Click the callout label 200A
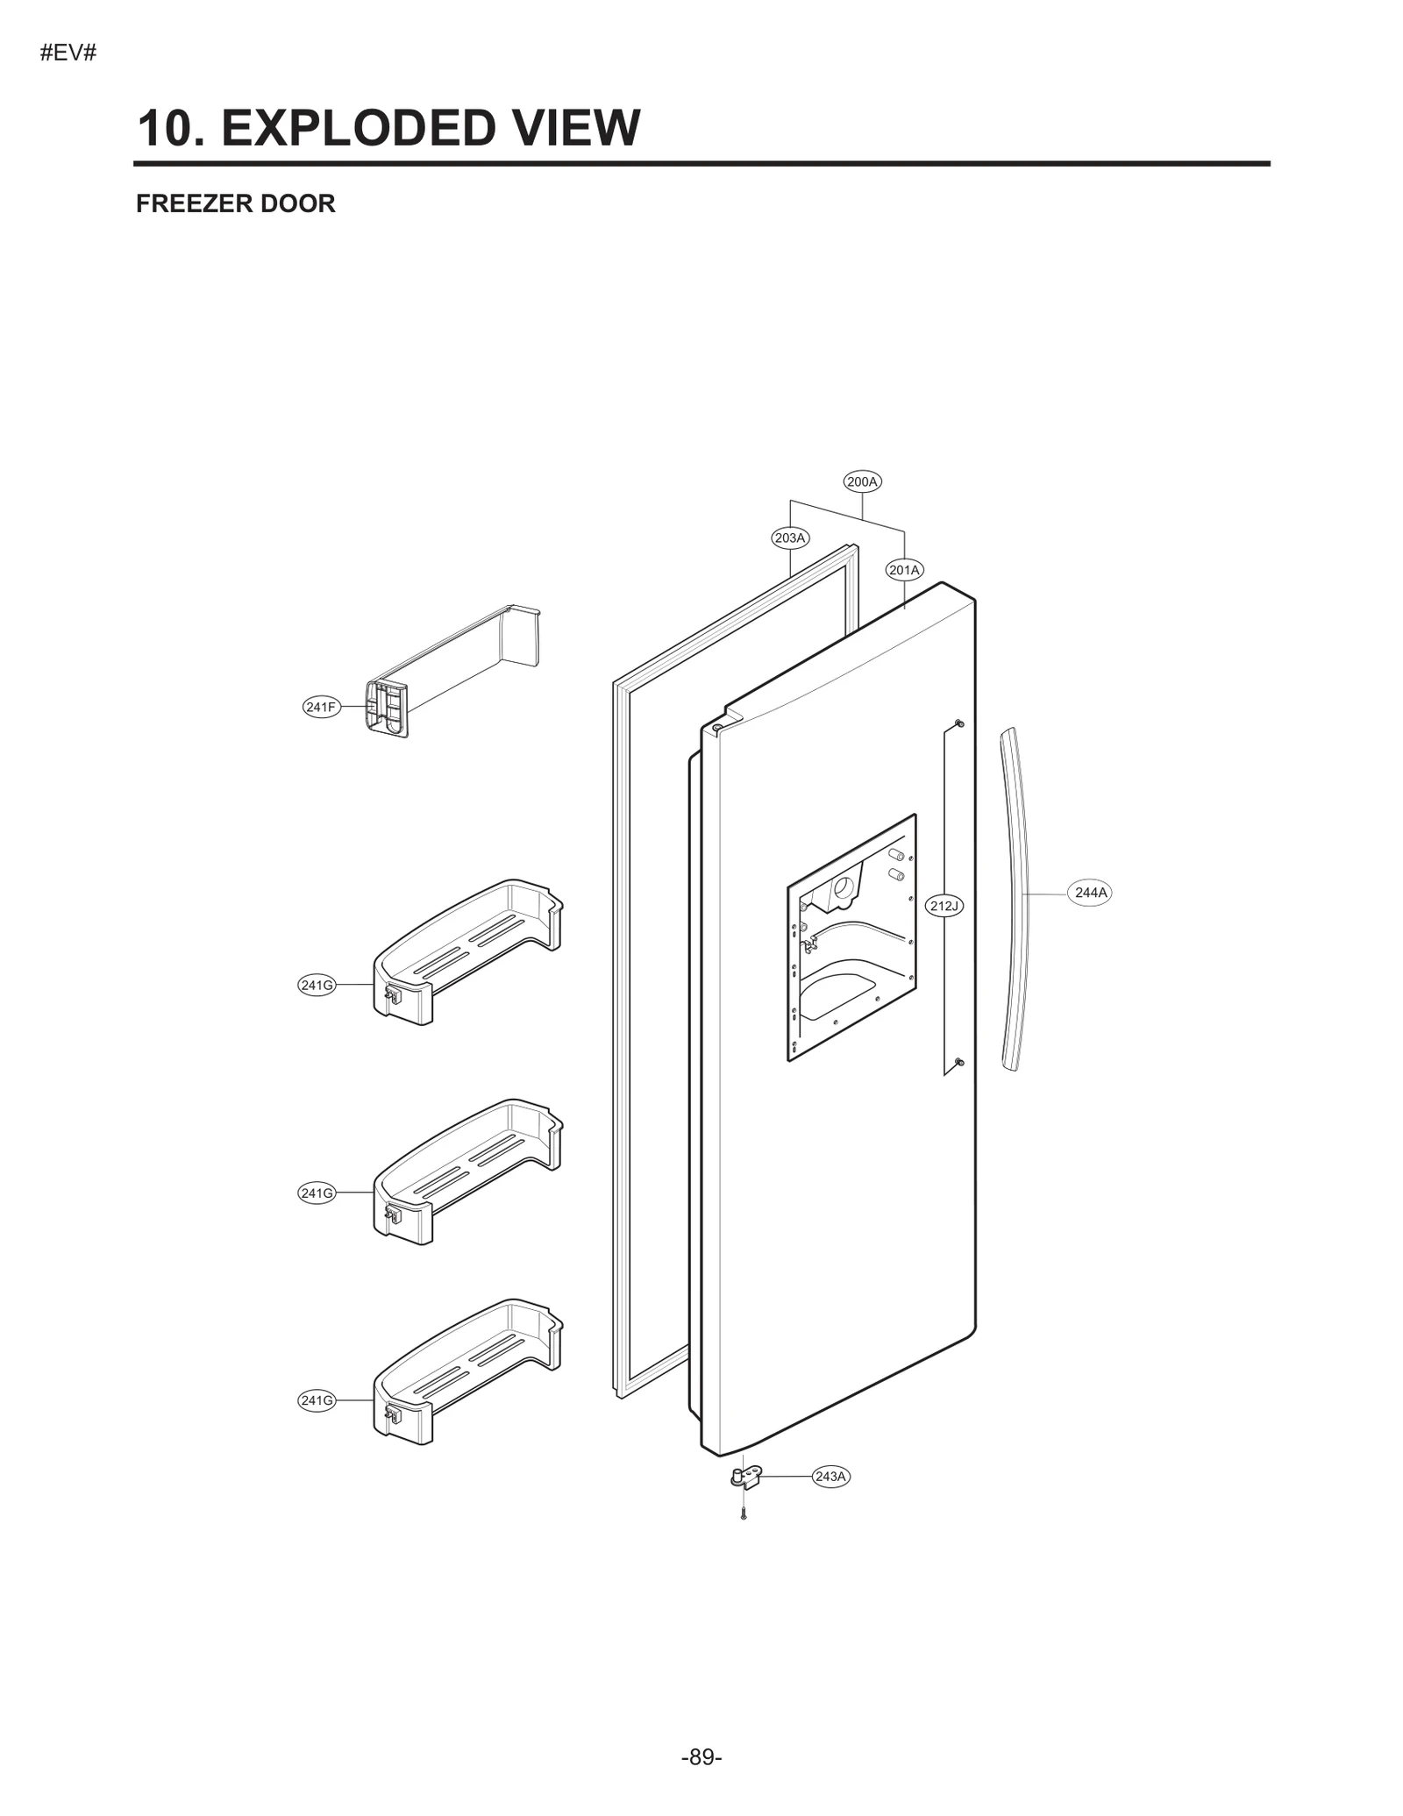(x=862, y=481)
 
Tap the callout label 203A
(x=790, y=538)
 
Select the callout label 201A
(x=904, y=570)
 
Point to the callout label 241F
(x=321, y=707)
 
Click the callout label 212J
(x=944, y=906)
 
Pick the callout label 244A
(x=1091, y=893)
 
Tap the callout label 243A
(x=830, y=1477)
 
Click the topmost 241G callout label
(x=317, y=985)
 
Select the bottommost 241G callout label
(x=317, y=1400)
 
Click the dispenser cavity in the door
(x=851, y=938)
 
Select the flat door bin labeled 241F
(x=456, y=671)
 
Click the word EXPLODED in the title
(x=360, y=128)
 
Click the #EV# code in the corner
(x=68, y=53)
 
